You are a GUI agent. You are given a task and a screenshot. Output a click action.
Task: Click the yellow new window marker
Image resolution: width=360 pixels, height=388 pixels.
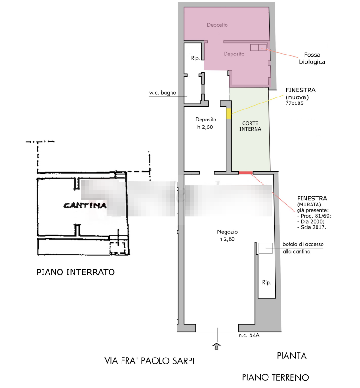tap(229, 113)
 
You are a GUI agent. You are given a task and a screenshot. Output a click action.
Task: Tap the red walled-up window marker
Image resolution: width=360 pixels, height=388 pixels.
tap(245, 173)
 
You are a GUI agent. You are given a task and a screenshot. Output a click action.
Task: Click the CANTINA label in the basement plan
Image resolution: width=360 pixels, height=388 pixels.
tap(85, 206)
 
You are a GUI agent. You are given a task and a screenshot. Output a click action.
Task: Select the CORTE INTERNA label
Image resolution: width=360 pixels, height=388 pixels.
tap(250, 126)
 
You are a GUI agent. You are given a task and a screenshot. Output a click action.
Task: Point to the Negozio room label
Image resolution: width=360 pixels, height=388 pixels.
tap(227, 232)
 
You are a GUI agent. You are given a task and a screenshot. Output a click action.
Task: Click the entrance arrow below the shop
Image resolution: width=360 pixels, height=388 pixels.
tap(217, 346)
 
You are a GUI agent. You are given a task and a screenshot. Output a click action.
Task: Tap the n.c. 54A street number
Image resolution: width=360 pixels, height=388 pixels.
tap(249, 335)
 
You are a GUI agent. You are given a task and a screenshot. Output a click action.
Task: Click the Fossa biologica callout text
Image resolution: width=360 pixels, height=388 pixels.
tap(312, 58)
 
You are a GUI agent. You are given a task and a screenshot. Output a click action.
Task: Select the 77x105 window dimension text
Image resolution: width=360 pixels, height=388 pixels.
tap(294, 103)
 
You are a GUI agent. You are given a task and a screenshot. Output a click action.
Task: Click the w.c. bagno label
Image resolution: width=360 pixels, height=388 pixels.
tap(162, 93)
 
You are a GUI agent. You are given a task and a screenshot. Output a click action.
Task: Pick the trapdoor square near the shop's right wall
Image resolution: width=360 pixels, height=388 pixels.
tap(265, 248)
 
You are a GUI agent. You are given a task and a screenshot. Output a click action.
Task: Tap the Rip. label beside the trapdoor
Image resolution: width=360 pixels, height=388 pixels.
tap(267, 282)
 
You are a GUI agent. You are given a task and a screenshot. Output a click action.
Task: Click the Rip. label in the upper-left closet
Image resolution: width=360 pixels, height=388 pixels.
tap(195, 58)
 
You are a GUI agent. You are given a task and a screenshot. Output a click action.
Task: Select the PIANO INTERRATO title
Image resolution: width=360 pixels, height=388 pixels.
tap(75, 272)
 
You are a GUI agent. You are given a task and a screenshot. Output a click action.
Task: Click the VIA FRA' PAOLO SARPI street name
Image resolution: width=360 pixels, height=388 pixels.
tap(149, 361)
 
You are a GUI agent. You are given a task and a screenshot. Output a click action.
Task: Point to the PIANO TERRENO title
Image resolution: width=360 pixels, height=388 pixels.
tap(275, 377)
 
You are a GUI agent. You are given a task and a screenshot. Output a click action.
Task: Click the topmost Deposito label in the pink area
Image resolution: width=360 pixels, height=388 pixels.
tap(217, 25)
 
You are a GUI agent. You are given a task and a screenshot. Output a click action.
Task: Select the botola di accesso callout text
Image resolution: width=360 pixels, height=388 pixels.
tap(303, 244)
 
